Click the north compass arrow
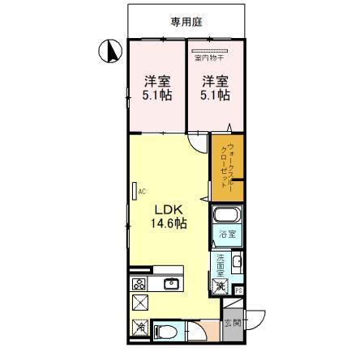tap(106, 53)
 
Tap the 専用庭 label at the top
tap(186, 23)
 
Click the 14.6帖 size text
tap(168, 222)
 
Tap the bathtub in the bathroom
tap(226, 218)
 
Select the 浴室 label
tap(227, 235)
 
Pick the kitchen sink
tap(171, 283)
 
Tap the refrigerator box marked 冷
tap(141, 328)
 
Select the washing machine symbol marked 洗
tap(220, 285)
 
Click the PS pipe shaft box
tap(238, 290)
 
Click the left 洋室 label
tap(157, 80)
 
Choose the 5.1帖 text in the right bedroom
tap(214, 95)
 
